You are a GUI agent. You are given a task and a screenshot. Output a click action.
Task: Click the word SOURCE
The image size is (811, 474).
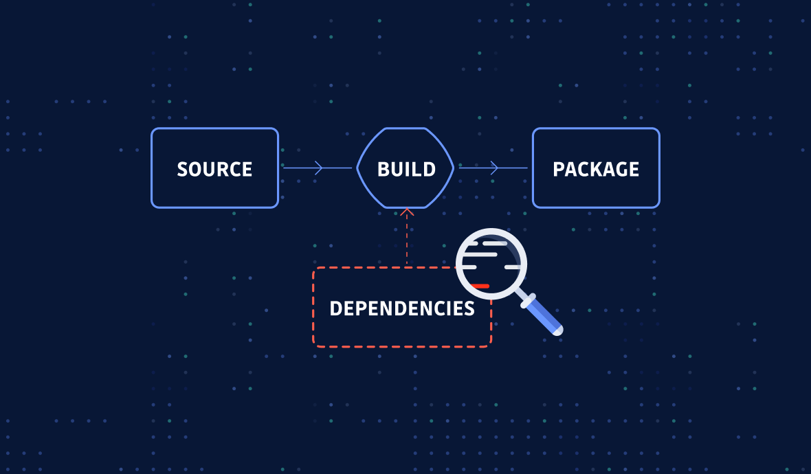coord(214,169)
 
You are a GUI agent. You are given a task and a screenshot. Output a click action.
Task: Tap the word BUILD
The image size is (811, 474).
coord(406,169)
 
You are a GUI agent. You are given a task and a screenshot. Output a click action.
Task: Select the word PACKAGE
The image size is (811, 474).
coord(596,169)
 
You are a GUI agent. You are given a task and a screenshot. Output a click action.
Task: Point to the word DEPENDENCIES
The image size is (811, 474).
coord(402,308)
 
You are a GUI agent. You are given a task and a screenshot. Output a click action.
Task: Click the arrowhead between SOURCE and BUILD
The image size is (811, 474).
coord(319,168)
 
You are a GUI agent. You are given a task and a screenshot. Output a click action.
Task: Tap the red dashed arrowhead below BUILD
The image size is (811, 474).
coord(407,212)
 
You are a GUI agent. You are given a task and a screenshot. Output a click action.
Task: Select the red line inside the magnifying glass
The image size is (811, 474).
coord(480,286)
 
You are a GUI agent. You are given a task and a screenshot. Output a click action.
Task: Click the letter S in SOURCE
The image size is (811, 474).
coord(183,169)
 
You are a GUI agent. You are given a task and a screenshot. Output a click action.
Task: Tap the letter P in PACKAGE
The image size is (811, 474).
coord(559,169)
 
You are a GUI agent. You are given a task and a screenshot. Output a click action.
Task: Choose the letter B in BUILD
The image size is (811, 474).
coord(384,169)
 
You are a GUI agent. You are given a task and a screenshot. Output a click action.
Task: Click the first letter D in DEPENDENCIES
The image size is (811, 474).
coord(335,308)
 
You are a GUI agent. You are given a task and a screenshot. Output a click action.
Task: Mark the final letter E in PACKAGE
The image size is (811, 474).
coord(634,169)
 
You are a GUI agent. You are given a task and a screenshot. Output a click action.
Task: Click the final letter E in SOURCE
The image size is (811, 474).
coord(247,169)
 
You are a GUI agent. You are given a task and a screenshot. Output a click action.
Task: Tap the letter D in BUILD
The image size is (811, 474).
coord(429,169)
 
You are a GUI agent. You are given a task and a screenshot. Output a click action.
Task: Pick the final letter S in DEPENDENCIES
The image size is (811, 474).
coord(469,308)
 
